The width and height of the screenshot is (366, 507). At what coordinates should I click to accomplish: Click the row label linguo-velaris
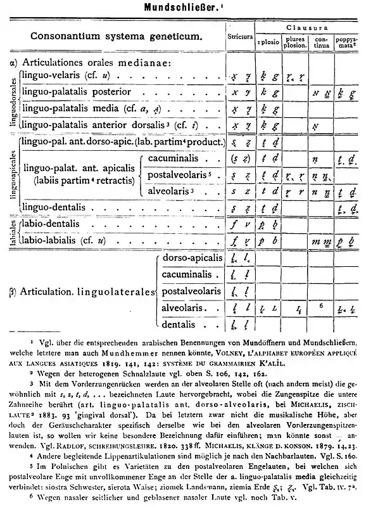53,75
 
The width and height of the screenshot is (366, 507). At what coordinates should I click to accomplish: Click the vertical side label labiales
12,232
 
